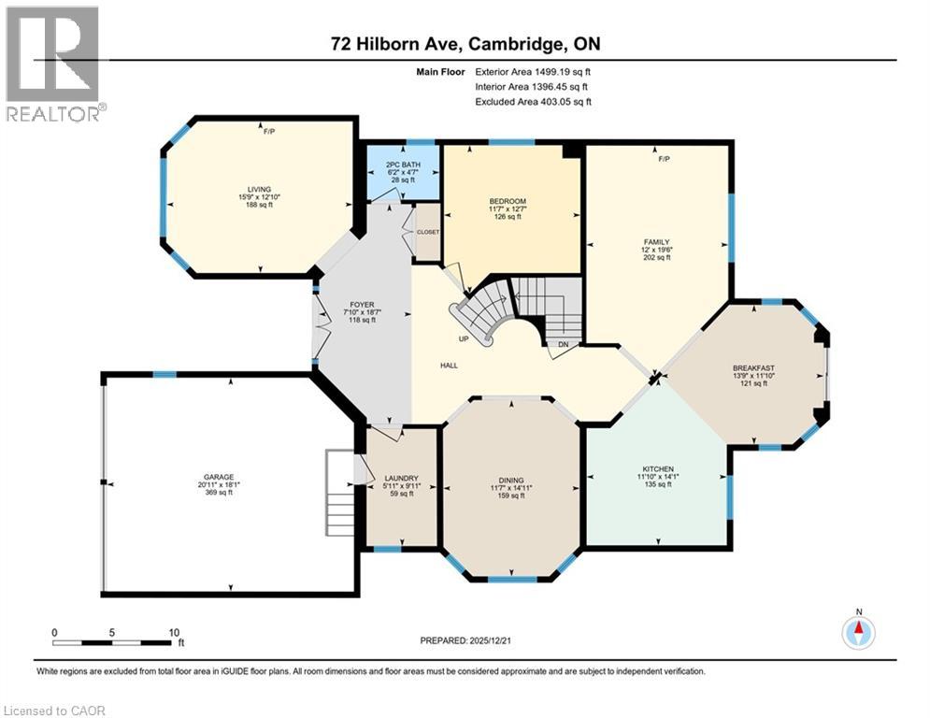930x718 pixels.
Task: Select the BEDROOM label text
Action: click(x=508, y=201)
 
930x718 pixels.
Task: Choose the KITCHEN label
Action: click(x=657, y=468)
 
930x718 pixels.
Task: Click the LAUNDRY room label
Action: click(x=400, y=477)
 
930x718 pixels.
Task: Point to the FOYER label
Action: click(x=362, y=303)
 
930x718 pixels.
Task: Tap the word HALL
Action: click(x=450, y=365)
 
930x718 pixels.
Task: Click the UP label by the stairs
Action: click(x=462, y=338)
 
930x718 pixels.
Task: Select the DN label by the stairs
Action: click(x=563, y=344)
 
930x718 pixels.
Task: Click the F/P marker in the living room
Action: click(x=269, y=132)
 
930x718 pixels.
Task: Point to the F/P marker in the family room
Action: click(x=664, y=159)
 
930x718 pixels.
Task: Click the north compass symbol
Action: click(x=857, y=631)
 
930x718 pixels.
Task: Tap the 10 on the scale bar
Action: click(x=174, y=632)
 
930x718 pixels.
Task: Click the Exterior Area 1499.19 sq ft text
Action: click(x=534, y=71)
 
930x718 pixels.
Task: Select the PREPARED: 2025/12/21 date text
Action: click(x=467, y=640)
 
